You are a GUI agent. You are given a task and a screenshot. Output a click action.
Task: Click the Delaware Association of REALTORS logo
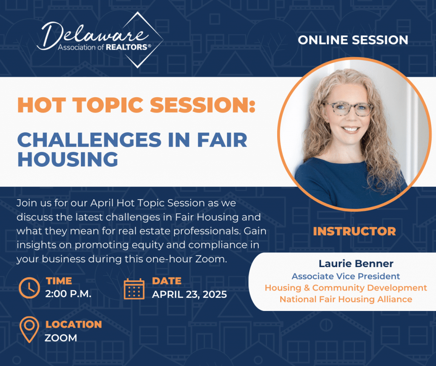(100, 40)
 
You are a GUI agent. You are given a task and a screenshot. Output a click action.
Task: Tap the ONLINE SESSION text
(353, 40)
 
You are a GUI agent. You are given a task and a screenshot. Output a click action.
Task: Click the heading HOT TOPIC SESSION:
(136, 105)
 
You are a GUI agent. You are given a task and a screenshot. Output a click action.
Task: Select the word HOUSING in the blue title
(68, 159)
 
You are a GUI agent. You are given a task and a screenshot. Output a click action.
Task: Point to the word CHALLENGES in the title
(89, 139)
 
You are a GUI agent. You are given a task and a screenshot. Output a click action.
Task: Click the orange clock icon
(29, 288)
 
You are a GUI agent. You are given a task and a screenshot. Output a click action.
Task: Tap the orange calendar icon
(134, 289)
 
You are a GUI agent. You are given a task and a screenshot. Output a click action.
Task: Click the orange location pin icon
(29, 329)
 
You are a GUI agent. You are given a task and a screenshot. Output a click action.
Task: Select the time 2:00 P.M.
(69, 294)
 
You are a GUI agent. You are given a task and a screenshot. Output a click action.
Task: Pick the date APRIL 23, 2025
(189, 294)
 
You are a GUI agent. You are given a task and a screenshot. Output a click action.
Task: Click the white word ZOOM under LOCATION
(61, 338)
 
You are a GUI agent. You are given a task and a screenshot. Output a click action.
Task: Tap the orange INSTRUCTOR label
(354, 232)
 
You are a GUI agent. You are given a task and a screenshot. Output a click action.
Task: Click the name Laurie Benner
(356, 264)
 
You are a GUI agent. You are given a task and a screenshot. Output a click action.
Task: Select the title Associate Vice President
(346, 276)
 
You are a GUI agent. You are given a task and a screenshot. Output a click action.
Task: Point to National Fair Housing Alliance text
(346, 299)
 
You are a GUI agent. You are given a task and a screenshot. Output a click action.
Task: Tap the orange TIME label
(59, 281)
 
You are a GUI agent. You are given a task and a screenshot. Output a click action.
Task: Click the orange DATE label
(166, 281)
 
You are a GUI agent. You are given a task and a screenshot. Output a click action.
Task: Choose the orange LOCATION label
(74, 325)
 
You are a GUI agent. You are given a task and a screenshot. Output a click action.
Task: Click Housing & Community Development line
(346, 288)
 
